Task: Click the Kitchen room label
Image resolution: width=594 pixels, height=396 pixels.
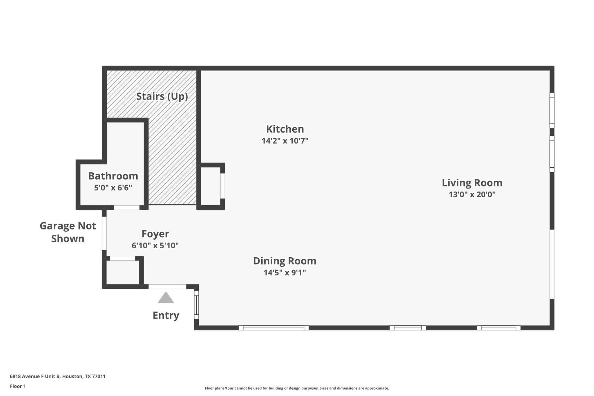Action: pos(285,129)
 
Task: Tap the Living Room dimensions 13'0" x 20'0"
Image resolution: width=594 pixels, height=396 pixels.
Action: pos(472,195)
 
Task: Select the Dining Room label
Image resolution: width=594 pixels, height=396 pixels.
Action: pos(285,261)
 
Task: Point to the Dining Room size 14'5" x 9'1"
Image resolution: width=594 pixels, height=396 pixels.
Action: pos(285,273)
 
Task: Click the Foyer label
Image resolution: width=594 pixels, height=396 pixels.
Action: pos(155,234)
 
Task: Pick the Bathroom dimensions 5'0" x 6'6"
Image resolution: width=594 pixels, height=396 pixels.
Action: pos(113,188)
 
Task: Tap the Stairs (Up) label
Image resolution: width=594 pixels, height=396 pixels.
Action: pos(162,96)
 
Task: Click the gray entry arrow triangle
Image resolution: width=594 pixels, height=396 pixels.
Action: pos(166,298)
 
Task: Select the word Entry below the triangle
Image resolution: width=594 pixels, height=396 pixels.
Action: pos(166,315)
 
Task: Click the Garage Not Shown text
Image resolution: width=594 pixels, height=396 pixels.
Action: pos(68,232)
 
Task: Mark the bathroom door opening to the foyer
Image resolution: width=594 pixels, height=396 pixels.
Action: pos(127,208)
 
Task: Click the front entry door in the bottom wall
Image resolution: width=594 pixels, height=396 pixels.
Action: pos(167,287)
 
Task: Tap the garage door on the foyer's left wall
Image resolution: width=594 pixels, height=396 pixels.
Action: pos(104,233)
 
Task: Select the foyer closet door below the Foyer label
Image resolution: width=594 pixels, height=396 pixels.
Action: pos(122,258)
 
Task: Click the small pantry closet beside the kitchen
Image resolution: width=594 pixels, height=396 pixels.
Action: pos(211,186)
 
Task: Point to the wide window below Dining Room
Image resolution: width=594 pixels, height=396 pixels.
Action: pos(273,328)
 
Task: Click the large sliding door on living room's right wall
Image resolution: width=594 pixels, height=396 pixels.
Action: pos(552,264)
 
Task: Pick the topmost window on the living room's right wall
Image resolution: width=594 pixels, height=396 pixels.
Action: pos(552,110)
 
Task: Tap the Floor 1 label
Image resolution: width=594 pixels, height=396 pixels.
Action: pos(18,386)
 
